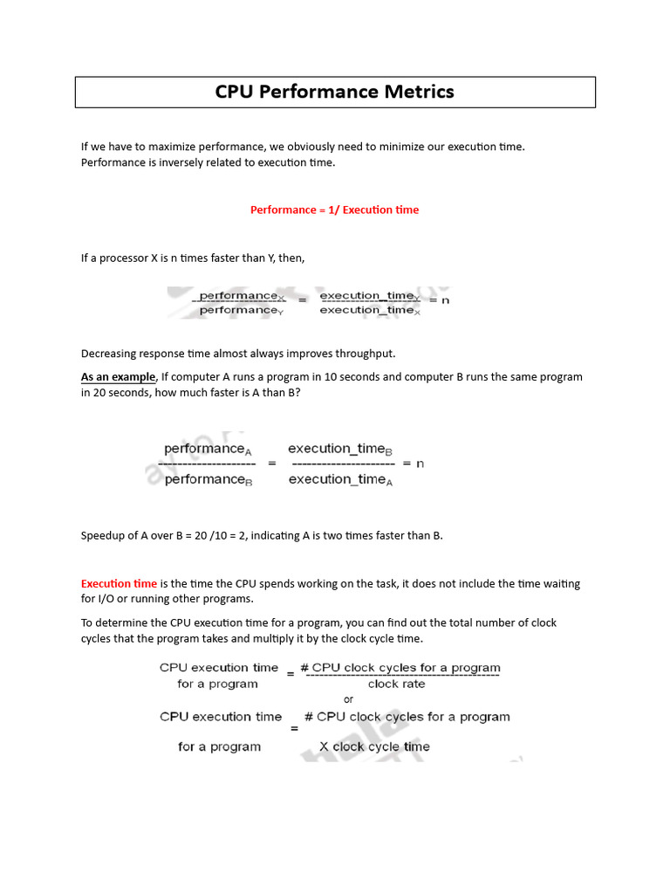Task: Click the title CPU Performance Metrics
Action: (335, 92)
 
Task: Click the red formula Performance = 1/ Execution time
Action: (334, 210)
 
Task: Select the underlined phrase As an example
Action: (118, 377)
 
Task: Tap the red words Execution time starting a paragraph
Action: (119, 583)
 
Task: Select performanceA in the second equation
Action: (208, 449)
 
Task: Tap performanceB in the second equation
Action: (208, 479)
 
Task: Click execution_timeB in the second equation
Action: (340, 449)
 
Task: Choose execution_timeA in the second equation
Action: (340, 479)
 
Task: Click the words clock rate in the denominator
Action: (396, 684)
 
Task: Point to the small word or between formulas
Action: (349, 699)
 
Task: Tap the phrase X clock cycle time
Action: (374, 747)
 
